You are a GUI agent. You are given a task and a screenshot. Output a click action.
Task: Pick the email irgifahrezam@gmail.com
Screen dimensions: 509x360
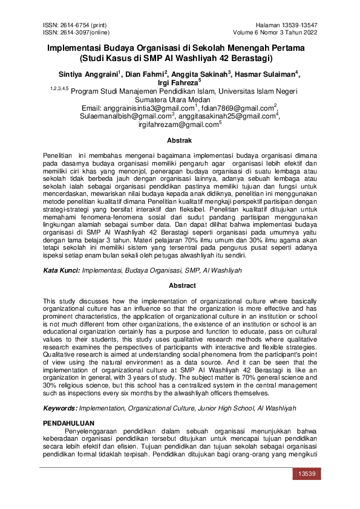pos(178,125)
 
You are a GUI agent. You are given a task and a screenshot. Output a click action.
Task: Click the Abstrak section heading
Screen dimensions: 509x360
pos(179,140)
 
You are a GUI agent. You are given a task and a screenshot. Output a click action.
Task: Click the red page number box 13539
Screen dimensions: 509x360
pos(304,475)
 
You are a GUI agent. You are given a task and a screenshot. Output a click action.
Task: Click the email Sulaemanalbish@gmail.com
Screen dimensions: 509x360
pos(128,116)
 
